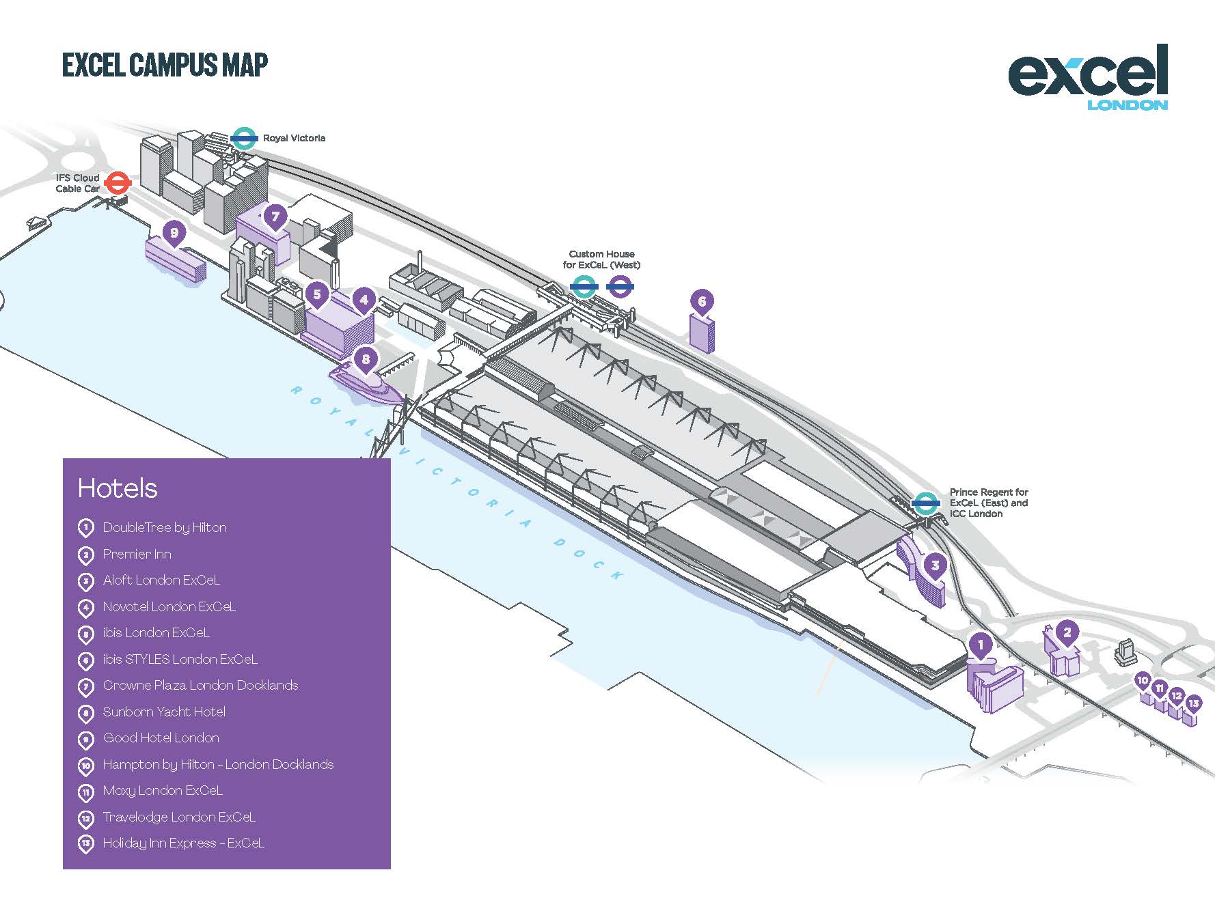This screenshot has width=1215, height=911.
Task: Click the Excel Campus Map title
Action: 165,65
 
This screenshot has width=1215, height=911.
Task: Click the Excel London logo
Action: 1088,77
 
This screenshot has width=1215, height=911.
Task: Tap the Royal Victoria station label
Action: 294,138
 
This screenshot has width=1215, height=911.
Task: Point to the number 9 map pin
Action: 174,234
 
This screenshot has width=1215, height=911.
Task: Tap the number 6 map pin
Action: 702,302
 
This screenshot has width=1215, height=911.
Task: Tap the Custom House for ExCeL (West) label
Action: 601,260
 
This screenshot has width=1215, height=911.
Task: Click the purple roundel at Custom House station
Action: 620,287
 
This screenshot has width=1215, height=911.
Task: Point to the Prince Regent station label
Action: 988,503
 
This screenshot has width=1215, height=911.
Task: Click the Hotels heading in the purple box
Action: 118,488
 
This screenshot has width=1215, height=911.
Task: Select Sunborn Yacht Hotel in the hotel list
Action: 164,712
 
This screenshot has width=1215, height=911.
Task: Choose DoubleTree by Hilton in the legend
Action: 165,527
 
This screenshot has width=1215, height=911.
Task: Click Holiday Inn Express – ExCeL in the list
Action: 183,843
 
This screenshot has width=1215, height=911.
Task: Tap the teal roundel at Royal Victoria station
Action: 244,139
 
